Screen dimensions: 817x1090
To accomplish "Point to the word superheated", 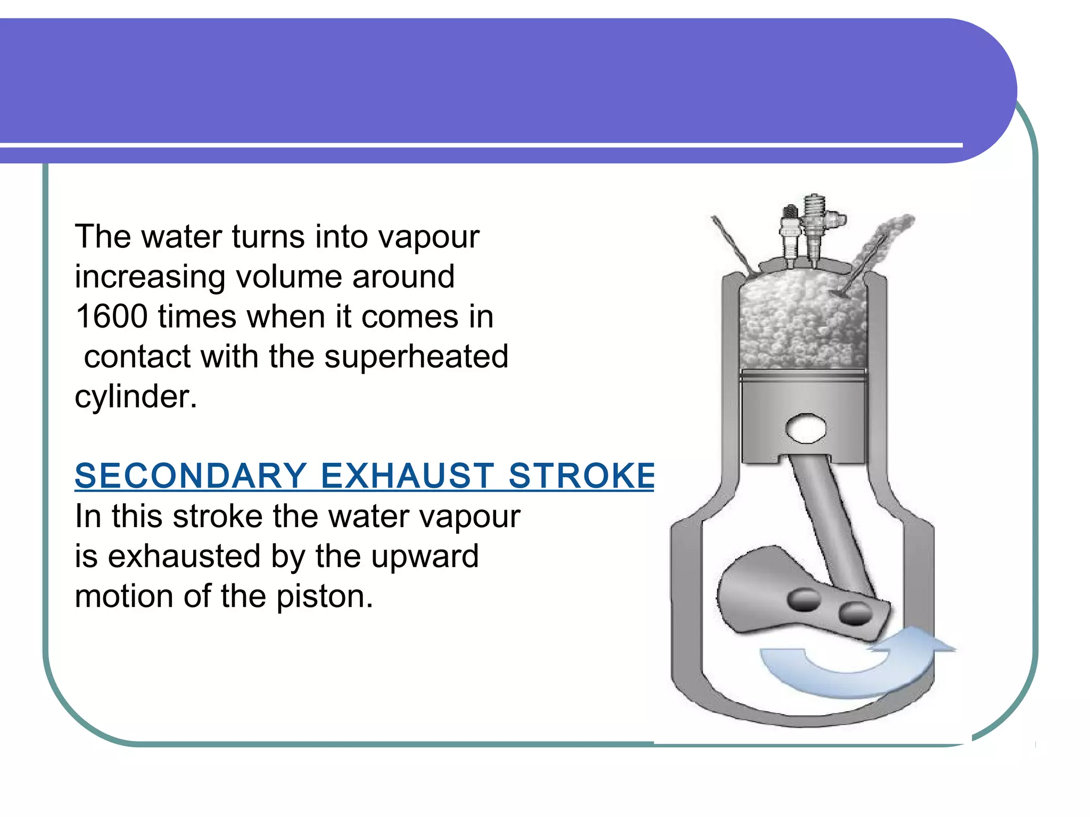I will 416,356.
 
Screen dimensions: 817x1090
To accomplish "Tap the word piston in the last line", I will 324,596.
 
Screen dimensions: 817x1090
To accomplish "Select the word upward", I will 425,556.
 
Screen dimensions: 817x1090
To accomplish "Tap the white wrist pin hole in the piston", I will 806,428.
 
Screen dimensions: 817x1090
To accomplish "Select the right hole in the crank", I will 855,613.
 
